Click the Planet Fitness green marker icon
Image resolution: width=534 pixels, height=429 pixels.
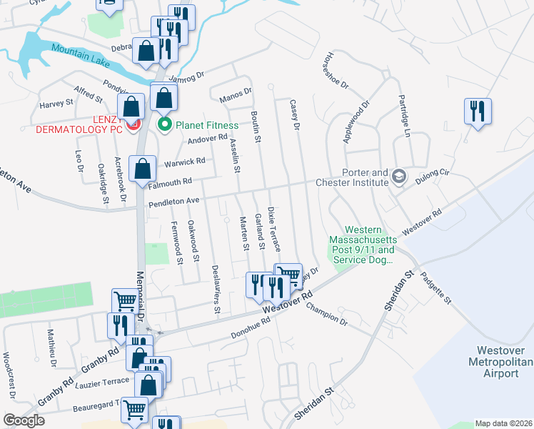tap(166, 126)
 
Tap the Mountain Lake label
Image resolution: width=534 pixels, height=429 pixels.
tap(80, 56)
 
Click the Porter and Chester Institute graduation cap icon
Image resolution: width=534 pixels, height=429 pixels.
tap(398, 177)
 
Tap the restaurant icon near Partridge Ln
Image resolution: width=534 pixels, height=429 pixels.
tap(476, 111)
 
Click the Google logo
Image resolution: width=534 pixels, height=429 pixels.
tap(24, 420)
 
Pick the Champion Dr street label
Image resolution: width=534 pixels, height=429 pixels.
tap(326, 313)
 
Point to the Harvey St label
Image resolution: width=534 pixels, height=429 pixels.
tap(56, 103)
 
